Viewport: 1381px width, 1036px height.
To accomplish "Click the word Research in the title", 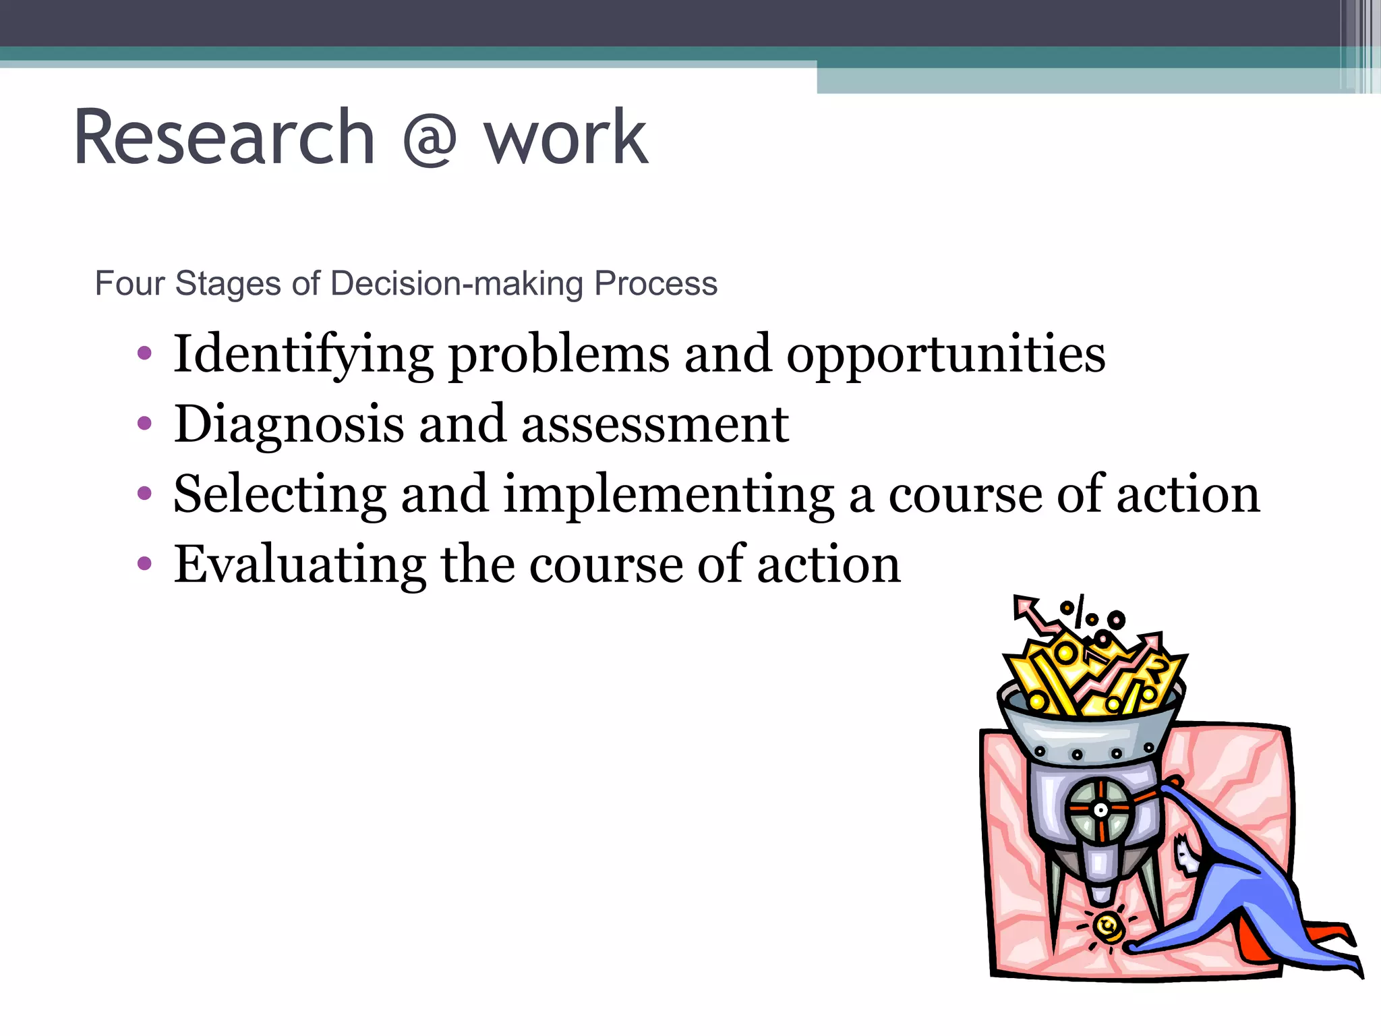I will (x=224, y=138).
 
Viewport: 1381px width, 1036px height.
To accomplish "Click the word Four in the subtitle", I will (x=129, y=283).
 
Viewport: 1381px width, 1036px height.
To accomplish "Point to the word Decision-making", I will (x=457, y=284).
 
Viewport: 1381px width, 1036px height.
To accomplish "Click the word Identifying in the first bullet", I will (x=303, y=355).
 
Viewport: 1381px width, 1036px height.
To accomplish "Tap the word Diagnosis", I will (x=289, y=426).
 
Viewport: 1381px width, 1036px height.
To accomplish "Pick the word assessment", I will (x=655, y=426).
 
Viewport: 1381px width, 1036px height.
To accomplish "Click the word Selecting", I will (x=280, y=495).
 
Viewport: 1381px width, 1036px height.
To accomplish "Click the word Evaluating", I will (x=299, y=565).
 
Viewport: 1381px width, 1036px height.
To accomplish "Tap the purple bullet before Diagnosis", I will (x=144, y=425).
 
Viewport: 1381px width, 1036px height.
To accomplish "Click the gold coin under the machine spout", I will (x=1107, y=927).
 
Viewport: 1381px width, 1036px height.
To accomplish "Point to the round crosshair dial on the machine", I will (x=1100, y=810).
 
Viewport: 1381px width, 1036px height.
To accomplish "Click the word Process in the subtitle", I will (x=655, y=283).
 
